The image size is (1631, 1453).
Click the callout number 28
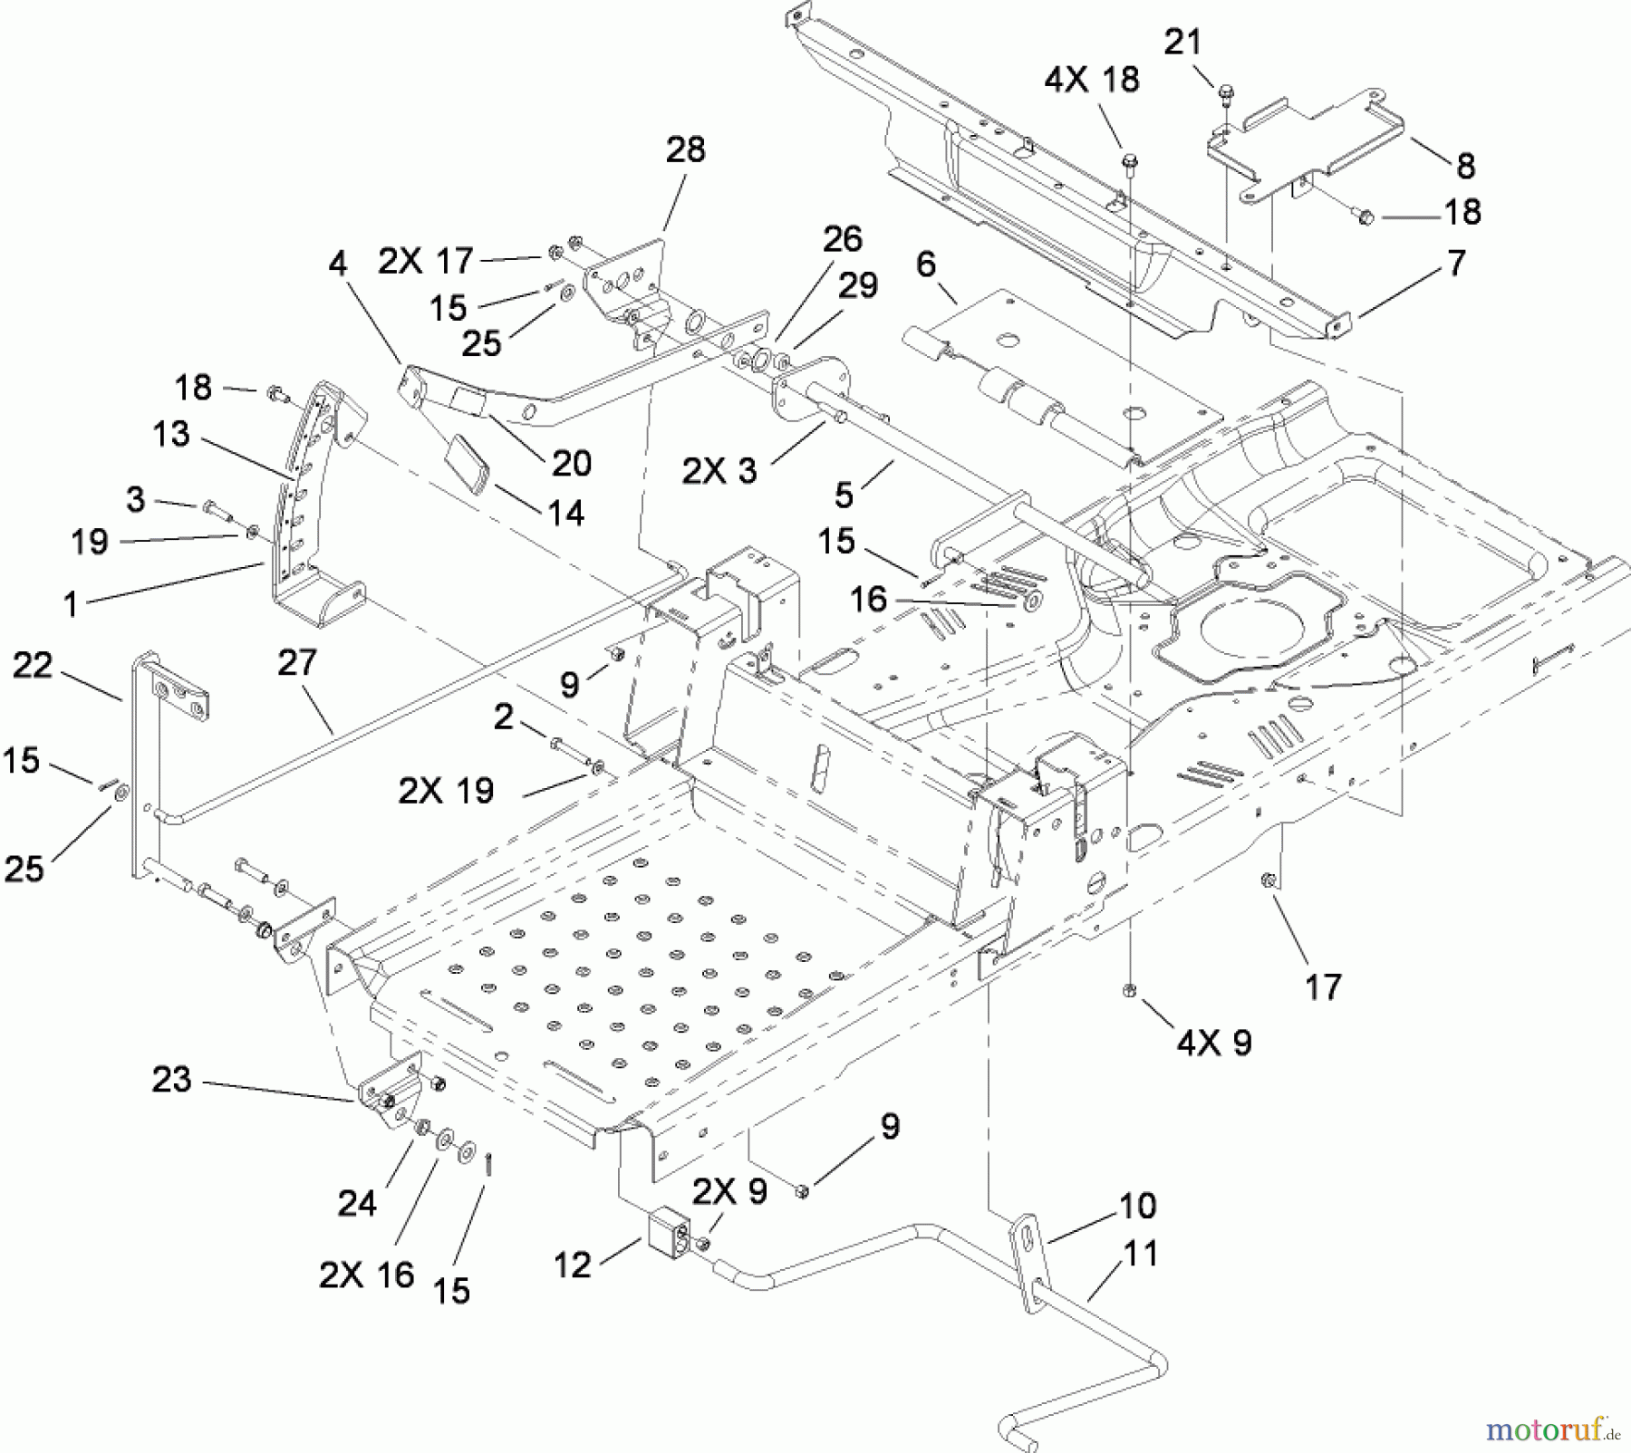point(685,149)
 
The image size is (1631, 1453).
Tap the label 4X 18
point(1091,80)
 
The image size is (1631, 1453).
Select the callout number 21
point(1182,43)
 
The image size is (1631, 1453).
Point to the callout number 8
point(1465,167)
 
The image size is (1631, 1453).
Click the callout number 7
point(1456,264)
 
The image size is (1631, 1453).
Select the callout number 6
point(925,265)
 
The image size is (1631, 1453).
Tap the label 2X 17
point(426,262)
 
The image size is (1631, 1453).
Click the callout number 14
point(565,514)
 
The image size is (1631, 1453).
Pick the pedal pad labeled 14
point(468,462)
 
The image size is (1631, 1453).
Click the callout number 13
point(171,434)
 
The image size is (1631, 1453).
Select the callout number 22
point(34,666)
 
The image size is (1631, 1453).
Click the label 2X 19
point(446,791)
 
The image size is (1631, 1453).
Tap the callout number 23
point(171,1080)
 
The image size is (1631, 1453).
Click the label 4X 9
point(1214,1043)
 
